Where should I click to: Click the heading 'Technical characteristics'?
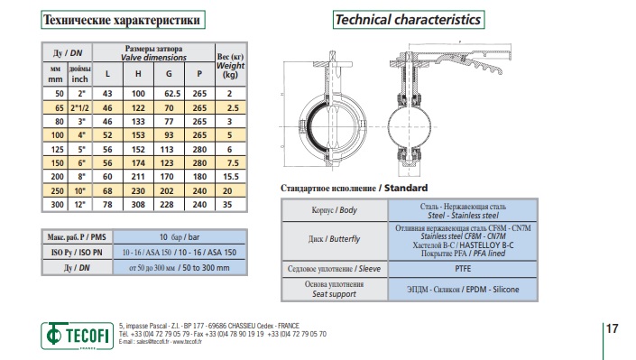[x=409, y=20]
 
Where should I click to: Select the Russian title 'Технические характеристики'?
[x=123, y=20]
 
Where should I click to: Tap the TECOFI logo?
[x=77, y=336]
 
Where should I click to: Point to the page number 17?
[x=612, y=328]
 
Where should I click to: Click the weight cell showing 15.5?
[x=230, y=177]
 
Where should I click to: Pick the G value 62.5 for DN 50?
[x=172, y=94]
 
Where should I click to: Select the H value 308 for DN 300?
[x=138, y=205]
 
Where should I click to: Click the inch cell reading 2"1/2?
[x=79, y=108]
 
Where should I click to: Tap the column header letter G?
[x=169, y=74]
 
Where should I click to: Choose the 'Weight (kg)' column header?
[x=230, y=66]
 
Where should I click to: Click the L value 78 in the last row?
[x=107, y=205]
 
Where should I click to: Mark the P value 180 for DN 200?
[x=199, y=177]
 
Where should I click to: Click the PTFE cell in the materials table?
[x=463, y=269]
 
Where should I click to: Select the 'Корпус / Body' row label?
[x=334, y=210]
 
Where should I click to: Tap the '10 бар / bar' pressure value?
[x=180, y=237]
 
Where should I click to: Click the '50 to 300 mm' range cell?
[x=206, y=268]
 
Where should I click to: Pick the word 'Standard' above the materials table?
[x=406, y=188]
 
